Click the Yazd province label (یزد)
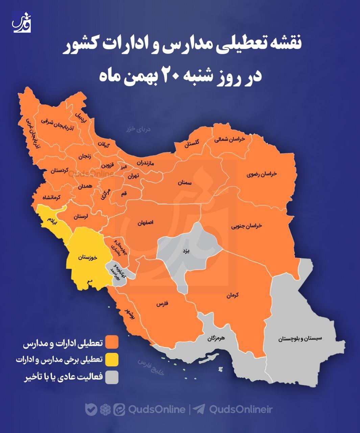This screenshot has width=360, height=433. pos(187,251)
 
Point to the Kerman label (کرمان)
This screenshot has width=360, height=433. pos(233,295)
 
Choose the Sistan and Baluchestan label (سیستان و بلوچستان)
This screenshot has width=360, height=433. pos(301,338)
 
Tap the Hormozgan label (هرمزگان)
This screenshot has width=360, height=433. pos(216,338)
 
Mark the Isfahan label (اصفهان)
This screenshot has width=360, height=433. pos(146,223)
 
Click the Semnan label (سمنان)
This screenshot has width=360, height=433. pos(185,183)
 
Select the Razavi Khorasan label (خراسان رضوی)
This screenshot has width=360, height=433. pos(262,174)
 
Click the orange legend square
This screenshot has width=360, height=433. pos(112,342)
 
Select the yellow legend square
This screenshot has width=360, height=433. pos(112,360)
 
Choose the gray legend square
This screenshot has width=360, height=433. pos(112,378)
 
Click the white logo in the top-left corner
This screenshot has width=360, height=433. pos(22,22)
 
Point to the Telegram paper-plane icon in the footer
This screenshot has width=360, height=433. pos(199,409)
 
